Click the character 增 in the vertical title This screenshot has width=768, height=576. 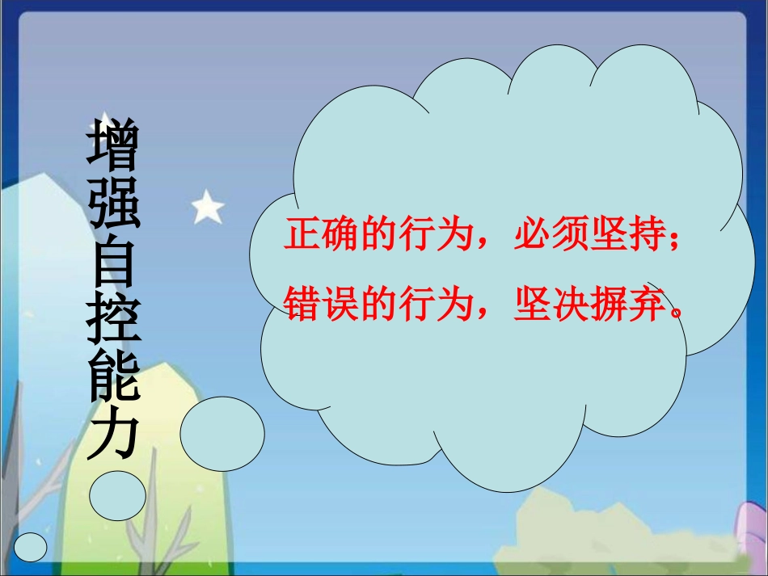[114, 149]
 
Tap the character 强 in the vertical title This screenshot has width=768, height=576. [114, 208]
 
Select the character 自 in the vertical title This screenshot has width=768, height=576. [114, 264]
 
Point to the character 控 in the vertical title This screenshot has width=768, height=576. [114, 321]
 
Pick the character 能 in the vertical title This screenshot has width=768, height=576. [114, 378]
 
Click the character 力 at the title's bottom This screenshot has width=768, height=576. [114, 437]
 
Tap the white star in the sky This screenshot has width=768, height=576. [208, 208]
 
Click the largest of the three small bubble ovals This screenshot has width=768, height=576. [222, 434]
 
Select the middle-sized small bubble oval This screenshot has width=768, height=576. [117, 496]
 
